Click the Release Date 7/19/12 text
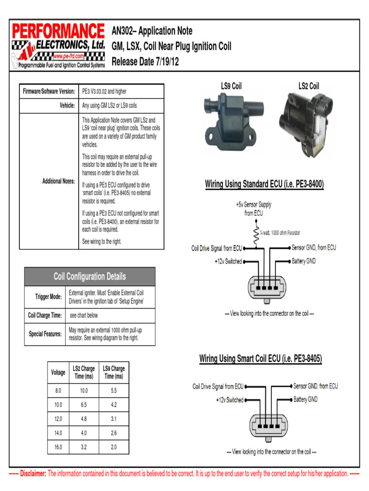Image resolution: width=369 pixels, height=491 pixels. tap(145, 62)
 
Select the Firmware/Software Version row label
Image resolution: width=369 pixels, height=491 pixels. tap(49, 91)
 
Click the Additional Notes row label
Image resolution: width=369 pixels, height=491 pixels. tap(59, 181)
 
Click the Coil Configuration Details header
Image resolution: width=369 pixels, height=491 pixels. tap(90, 277)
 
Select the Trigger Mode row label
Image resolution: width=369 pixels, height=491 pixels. tap(49, 297)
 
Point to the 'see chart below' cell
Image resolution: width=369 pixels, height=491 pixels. tap(84, 316)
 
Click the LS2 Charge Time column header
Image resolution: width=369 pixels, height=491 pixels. tap(84, 373)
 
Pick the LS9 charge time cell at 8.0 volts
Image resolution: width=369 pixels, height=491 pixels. tap(113, 391)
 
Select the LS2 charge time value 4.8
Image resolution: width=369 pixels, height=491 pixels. tap(84, 419)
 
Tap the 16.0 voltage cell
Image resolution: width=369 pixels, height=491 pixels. tap(58, 447)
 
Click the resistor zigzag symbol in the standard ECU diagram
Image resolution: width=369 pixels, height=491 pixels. tap(256, 234)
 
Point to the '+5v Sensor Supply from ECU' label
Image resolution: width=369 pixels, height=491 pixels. tap(254, 209)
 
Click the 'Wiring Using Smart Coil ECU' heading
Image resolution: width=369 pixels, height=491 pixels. tap(260, 359)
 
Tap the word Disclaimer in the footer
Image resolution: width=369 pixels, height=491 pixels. tap(33, 474)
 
